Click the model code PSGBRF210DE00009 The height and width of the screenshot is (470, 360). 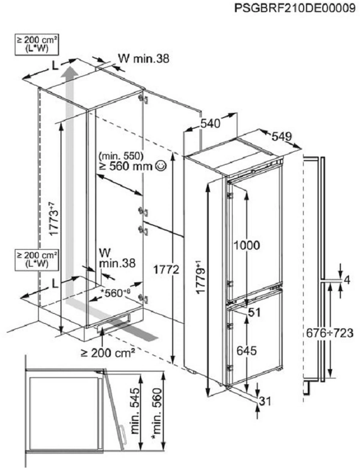(x=295, y=9)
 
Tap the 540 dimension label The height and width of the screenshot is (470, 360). (x=210, y=124)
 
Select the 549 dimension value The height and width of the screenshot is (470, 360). (x=282, y=137)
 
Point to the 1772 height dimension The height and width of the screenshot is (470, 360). (x=166, y=270)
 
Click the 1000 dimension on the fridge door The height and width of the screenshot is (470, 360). (x=247, y=245)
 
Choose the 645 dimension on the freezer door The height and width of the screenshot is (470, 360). (x=247, y=351)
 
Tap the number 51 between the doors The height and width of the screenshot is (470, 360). (x=254, y=313)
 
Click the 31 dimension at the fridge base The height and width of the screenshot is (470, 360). (x=265, y=402)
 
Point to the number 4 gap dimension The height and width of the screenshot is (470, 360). (x=347, y=280)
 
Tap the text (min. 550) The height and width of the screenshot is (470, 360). (x=121, y=156)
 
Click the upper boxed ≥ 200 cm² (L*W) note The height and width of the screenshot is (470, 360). (x=37, y=44)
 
